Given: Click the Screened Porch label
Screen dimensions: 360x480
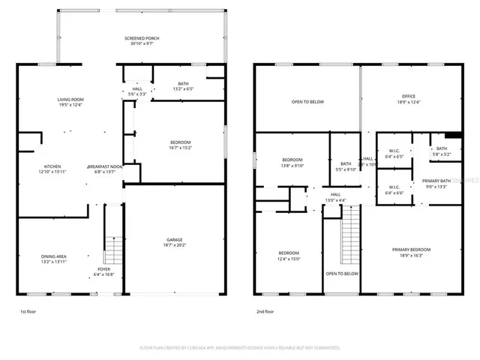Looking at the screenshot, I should tap(142, 41).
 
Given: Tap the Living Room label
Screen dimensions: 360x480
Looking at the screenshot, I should tap(70, 102).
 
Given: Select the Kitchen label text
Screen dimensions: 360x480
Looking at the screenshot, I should tap(52, 169).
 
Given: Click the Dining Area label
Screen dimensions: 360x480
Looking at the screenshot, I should tap(53, 259).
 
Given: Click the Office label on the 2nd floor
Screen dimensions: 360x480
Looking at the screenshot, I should tap(408, 99).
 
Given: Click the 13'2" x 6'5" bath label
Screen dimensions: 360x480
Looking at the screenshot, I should tap(183, 86).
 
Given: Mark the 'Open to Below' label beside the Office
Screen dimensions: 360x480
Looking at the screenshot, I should tap(307, 102).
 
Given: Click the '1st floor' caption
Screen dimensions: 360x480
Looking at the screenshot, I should tap(27, 310).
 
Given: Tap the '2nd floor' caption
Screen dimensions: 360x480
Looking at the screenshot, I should tap(264, 310).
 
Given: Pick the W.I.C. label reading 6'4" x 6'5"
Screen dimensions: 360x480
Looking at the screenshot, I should tap(394, 154).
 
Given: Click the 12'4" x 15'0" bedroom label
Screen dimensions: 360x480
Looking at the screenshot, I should tap(289, 256).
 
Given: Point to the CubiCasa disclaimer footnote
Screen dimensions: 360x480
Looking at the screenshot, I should tap(240, 347).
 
